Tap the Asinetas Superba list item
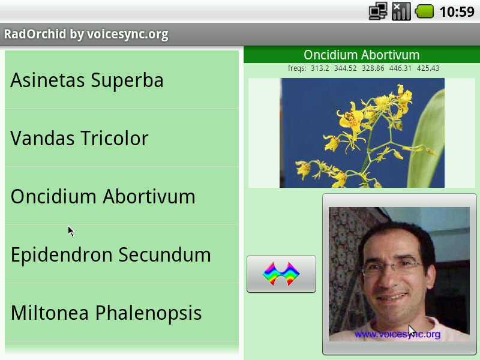[122, 80]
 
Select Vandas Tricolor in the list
[122, 138]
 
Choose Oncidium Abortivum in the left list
[122, 196]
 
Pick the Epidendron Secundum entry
[122, 254]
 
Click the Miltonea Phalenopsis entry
[122, 312]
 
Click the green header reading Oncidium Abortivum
[362, 55]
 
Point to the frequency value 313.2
[320, 68]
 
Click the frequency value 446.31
[400, 68]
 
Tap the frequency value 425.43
[428, 68]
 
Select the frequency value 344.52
[346, 68]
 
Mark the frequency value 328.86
[373, 68]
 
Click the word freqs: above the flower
[296, 68]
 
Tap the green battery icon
[424, 11]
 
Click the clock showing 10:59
[457, 12]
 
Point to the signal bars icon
[401, 11]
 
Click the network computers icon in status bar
[378, 11]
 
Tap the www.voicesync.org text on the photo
[397, 334]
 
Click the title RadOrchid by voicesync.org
[86, 34]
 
